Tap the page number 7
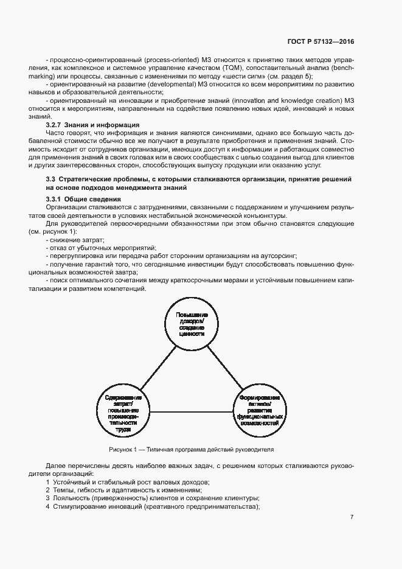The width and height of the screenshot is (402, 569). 352,517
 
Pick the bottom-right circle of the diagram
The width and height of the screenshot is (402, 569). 260,407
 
